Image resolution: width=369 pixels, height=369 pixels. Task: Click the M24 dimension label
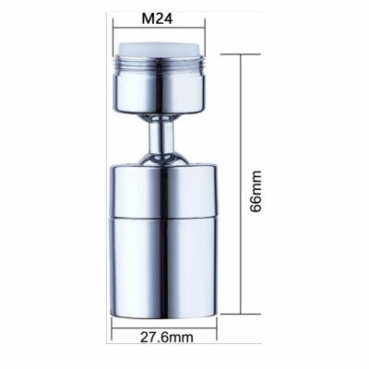tap(157, 18)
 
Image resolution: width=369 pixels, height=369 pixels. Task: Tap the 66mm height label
tap(256, 191)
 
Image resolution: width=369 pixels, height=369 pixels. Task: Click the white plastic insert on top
tap(160, 50)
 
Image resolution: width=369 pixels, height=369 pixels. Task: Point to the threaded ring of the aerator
tap(160, 65)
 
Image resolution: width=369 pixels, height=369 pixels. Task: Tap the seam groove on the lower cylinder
tap(164, 218)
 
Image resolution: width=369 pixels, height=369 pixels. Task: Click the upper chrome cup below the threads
tap(160, 95)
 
